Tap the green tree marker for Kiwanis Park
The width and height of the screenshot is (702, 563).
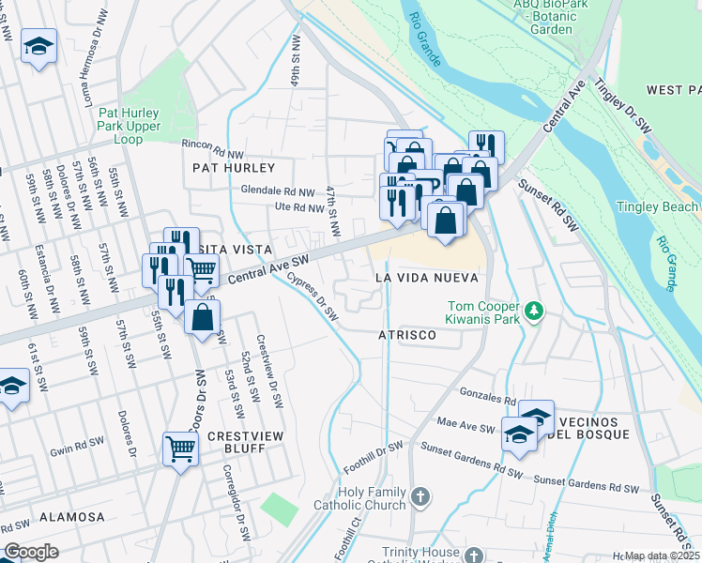click(x=534, y=310)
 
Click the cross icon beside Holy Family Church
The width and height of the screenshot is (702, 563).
click(x=420, y=495)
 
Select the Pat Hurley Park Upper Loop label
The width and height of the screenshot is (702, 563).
click(x=129, y=126)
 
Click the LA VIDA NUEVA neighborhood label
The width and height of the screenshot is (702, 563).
click(x=427, y=279)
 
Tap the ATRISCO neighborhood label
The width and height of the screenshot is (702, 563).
click(x=408, y=335)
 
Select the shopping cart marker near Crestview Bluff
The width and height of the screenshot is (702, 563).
click(x=180, y=448)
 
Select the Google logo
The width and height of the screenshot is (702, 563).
click(x=32, y=552)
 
